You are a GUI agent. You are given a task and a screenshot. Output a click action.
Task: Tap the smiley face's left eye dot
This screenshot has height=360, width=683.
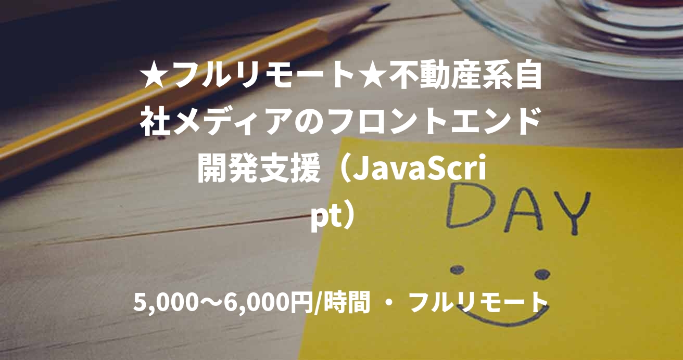(457, 270)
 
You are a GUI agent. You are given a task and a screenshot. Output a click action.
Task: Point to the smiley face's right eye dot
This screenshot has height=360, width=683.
(542, 274)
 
